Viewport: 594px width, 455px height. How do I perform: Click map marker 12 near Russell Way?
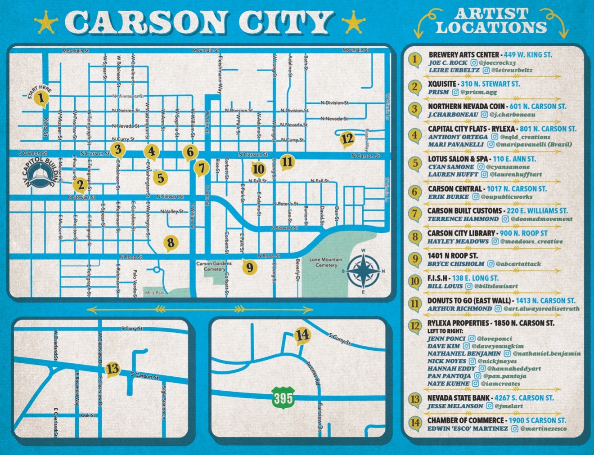pyautogui.click(x=347, y=139)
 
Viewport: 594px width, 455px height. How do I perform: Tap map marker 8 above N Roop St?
pyautogui.click(x=171, y=243)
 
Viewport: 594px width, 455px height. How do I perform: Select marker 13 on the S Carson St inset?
pyautogui.click(x=112, y=369)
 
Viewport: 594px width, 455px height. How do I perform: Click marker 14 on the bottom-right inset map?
pyautogui.click(x=302, y=335)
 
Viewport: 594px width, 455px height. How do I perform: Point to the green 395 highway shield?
pyautogui.click(x=283, y=397)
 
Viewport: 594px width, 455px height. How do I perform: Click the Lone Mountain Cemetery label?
pyautogui.click(x=326, y=262)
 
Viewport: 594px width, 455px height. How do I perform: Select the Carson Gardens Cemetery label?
pyautogui.click(x=214, y=266)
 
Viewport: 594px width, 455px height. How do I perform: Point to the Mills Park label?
pyautogui.click(x=155, y=293)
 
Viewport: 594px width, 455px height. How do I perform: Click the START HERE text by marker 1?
pyautogui.click(x=39, y=91)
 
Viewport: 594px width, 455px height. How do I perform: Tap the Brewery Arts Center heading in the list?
pyautogui.click(x=464, y=54)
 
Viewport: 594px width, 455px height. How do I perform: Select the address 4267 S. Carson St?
pyautogui.click(x=524, y=398)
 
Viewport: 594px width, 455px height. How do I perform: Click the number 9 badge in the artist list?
pyautogui.click(x=415, y=259)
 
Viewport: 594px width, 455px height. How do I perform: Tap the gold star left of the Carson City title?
pyautogui.click(x=47, y=22)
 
